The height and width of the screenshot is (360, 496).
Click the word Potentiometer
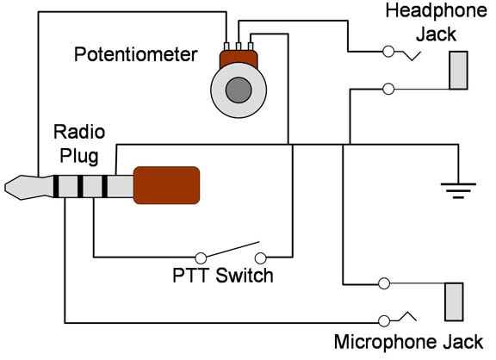click(136, 54)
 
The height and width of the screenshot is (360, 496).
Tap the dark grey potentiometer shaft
click(239, 90)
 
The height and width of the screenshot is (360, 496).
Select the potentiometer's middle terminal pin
click(239, 47)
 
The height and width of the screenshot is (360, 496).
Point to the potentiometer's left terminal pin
click(226, 47)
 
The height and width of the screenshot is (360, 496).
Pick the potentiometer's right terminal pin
click(251, 47)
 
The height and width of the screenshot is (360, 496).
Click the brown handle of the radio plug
click(166, 185)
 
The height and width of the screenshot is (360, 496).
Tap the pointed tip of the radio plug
click(5, 187)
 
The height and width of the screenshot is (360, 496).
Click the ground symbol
click(458, 190)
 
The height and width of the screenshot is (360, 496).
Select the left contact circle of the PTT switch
click(201, 258)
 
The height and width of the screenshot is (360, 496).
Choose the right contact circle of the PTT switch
click(261, 258)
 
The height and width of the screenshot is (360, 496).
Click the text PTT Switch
click(223, 276)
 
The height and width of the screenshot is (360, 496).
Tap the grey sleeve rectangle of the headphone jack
click(459, 71)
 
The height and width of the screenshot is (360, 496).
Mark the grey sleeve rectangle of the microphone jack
click(455, 301)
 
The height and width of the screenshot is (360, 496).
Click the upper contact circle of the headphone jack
click(388, 52)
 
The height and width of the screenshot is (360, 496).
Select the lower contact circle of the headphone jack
click(388, 90)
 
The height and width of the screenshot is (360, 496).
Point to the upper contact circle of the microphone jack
click(384, 283)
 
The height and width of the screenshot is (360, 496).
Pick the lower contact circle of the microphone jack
click(384, 321)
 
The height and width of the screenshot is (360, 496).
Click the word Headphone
click(437, 11)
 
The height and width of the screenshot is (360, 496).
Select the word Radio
click(79, 132)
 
